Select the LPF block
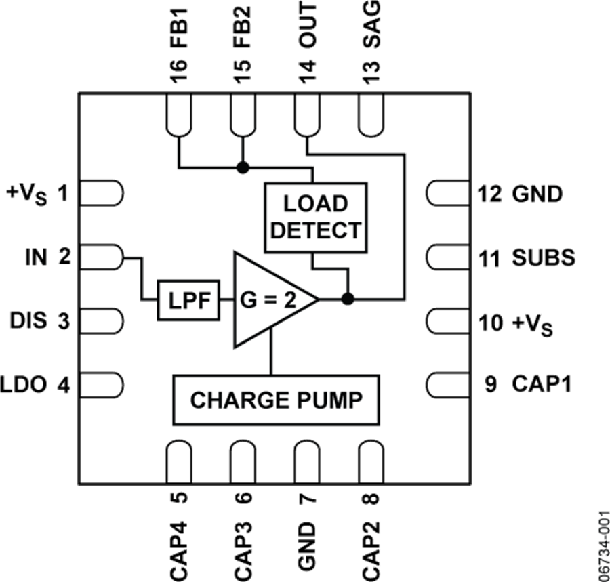coord(188,299)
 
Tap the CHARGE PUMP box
coord(276,400)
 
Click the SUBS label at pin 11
coord(544,257)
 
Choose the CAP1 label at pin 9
coord(542,384)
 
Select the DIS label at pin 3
coord(28,320)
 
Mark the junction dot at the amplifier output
coord(348,299)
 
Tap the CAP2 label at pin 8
coord(371,549)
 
